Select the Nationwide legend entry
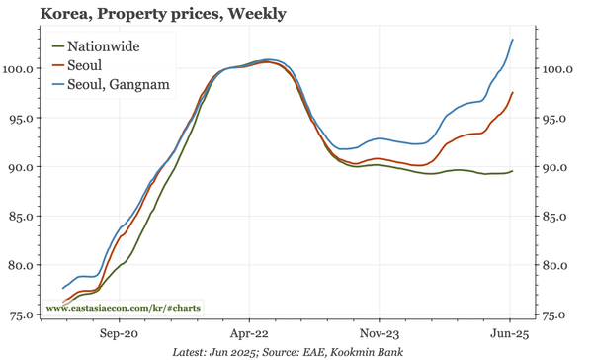click(x=103, y=46)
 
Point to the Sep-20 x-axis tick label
click(x=120, y=334)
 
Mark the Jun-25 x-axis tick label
click(x=510, y=334)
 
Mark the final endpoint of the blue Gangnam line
click(x=512, y=40)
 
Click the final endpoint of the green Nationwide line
click(x=512, y=172)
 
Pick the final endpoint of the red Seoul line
click(x=512, y=92)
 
